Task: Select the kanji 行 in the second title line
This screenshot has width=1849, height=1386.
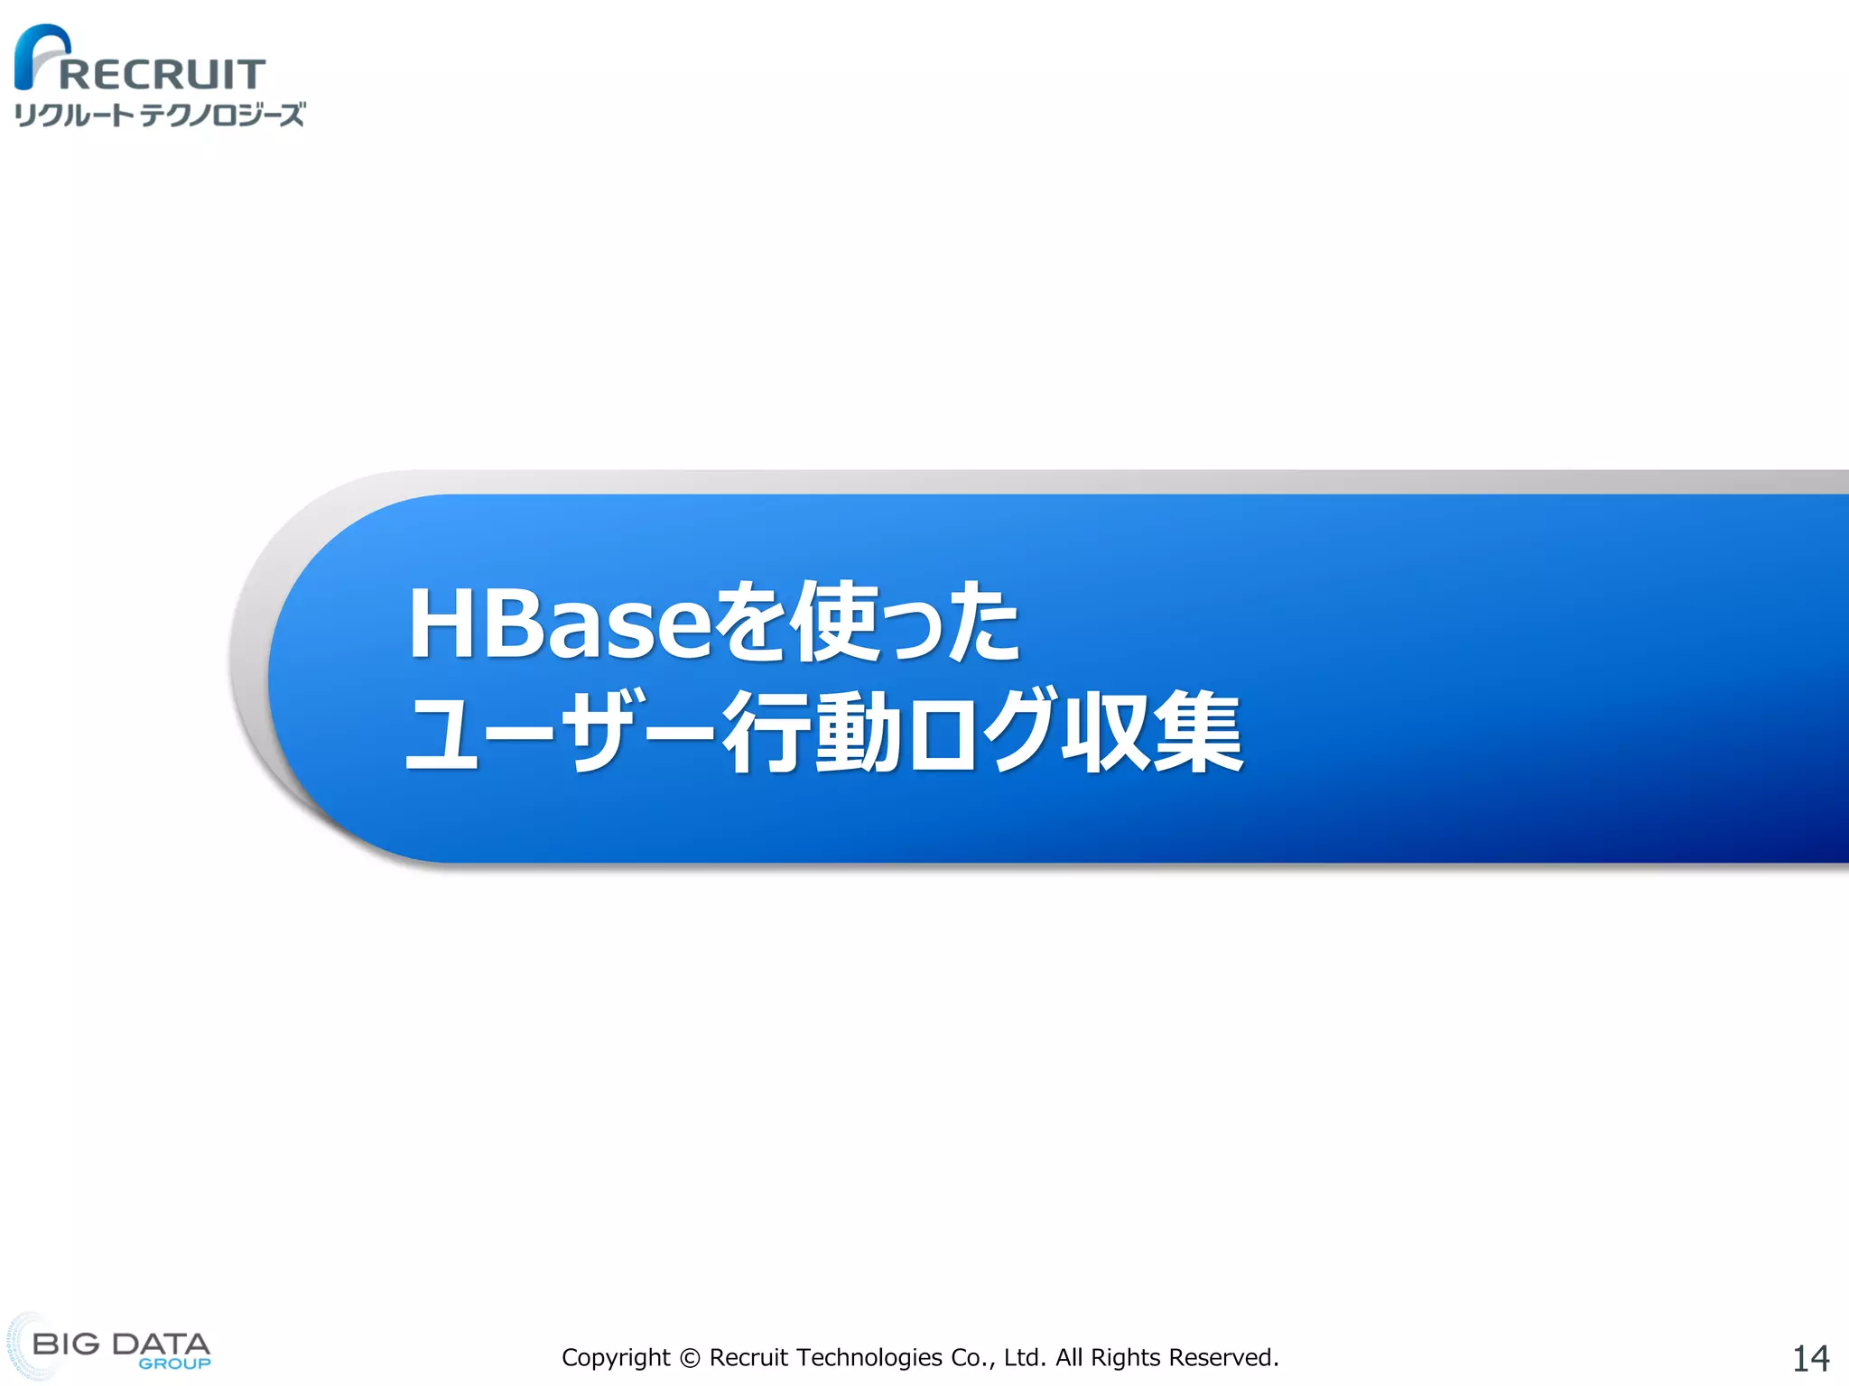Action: point(765,732)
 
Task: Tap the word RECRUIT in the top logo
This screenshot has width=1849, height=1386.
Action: point(163,75)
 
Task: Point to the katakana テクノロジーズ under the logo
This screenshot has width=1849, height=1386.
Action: point(222,115)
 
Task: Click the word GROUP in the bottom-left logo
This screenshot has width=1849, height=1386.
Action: point(174,1363)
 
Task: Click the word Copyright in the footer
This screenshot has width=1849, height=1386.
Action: point(616,1358)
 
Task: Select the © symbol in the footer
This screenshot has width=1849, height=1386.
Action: point(690,1358)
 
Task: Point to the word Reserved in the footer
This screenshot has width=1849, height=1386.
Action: point(1222,1358)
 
